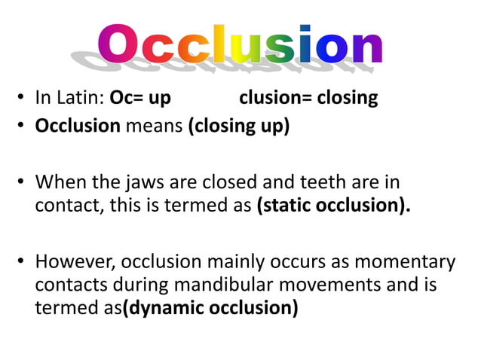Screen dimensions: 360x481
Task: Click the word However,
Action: pos(75,262)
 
